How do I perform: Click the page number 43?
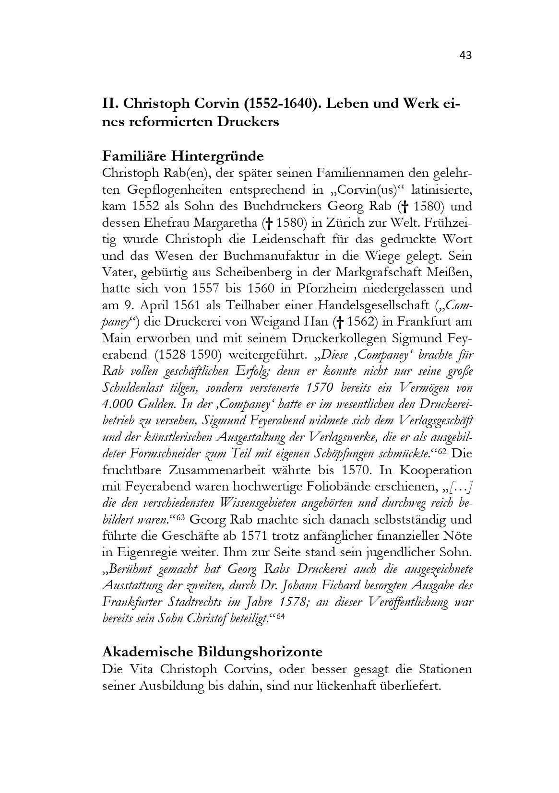pyautogui.click(x=465, y=56)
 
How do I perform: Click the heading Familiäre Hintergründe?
pyautogui.click(x=183, y=156)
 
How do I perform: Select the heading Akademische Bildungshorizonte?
pyautogui.click(x=212, y=652)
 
